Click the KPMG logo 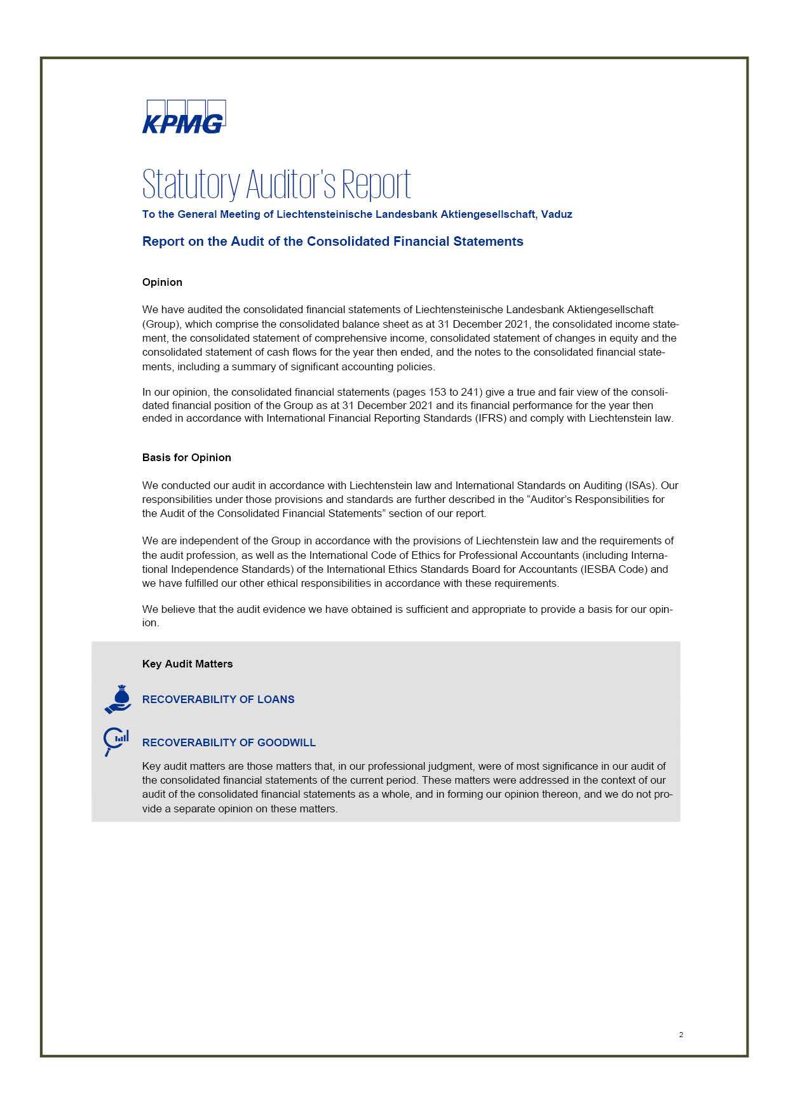[x=184, y=117]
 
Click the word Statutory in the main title [x=191, y=185]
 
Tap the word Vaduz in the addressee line [x=557, y=215]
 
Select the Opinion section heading [x=162, y=282]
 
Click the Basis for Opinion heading [x=186, y=457]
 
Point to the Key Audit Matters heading [x=187, y=664]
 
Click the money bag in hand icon [x=118, y=699]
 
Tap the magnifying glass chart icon [x=116, y=741]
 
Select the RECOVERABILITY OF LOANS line [x=218, y=699]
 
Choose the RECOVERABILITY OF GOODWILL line [x=229, y=742]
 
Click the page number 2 [x=681, y=1035]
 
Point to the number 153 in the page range [x=438, y=392]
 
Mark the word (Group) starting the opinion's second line [x=160, y=324]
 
